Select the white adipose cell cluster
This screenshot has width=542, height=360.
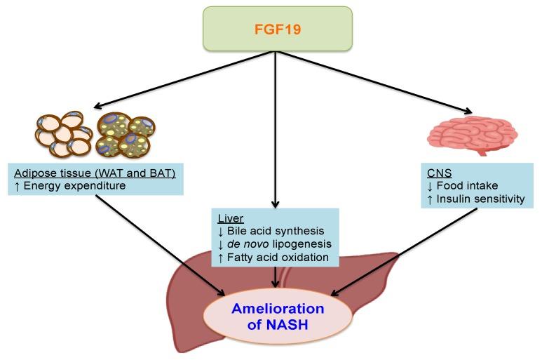pyautogui.click(x=63, y=134)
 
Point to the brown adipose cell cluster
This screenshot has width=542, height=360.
pyautogui.click(x=126, y=133)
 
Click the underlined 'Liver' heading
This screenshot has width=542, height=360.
pyautogui.click(x=231, y=218)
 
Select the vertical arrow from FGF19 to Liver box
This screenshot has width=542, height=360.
pyautogui.click(x=275, y=126)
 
